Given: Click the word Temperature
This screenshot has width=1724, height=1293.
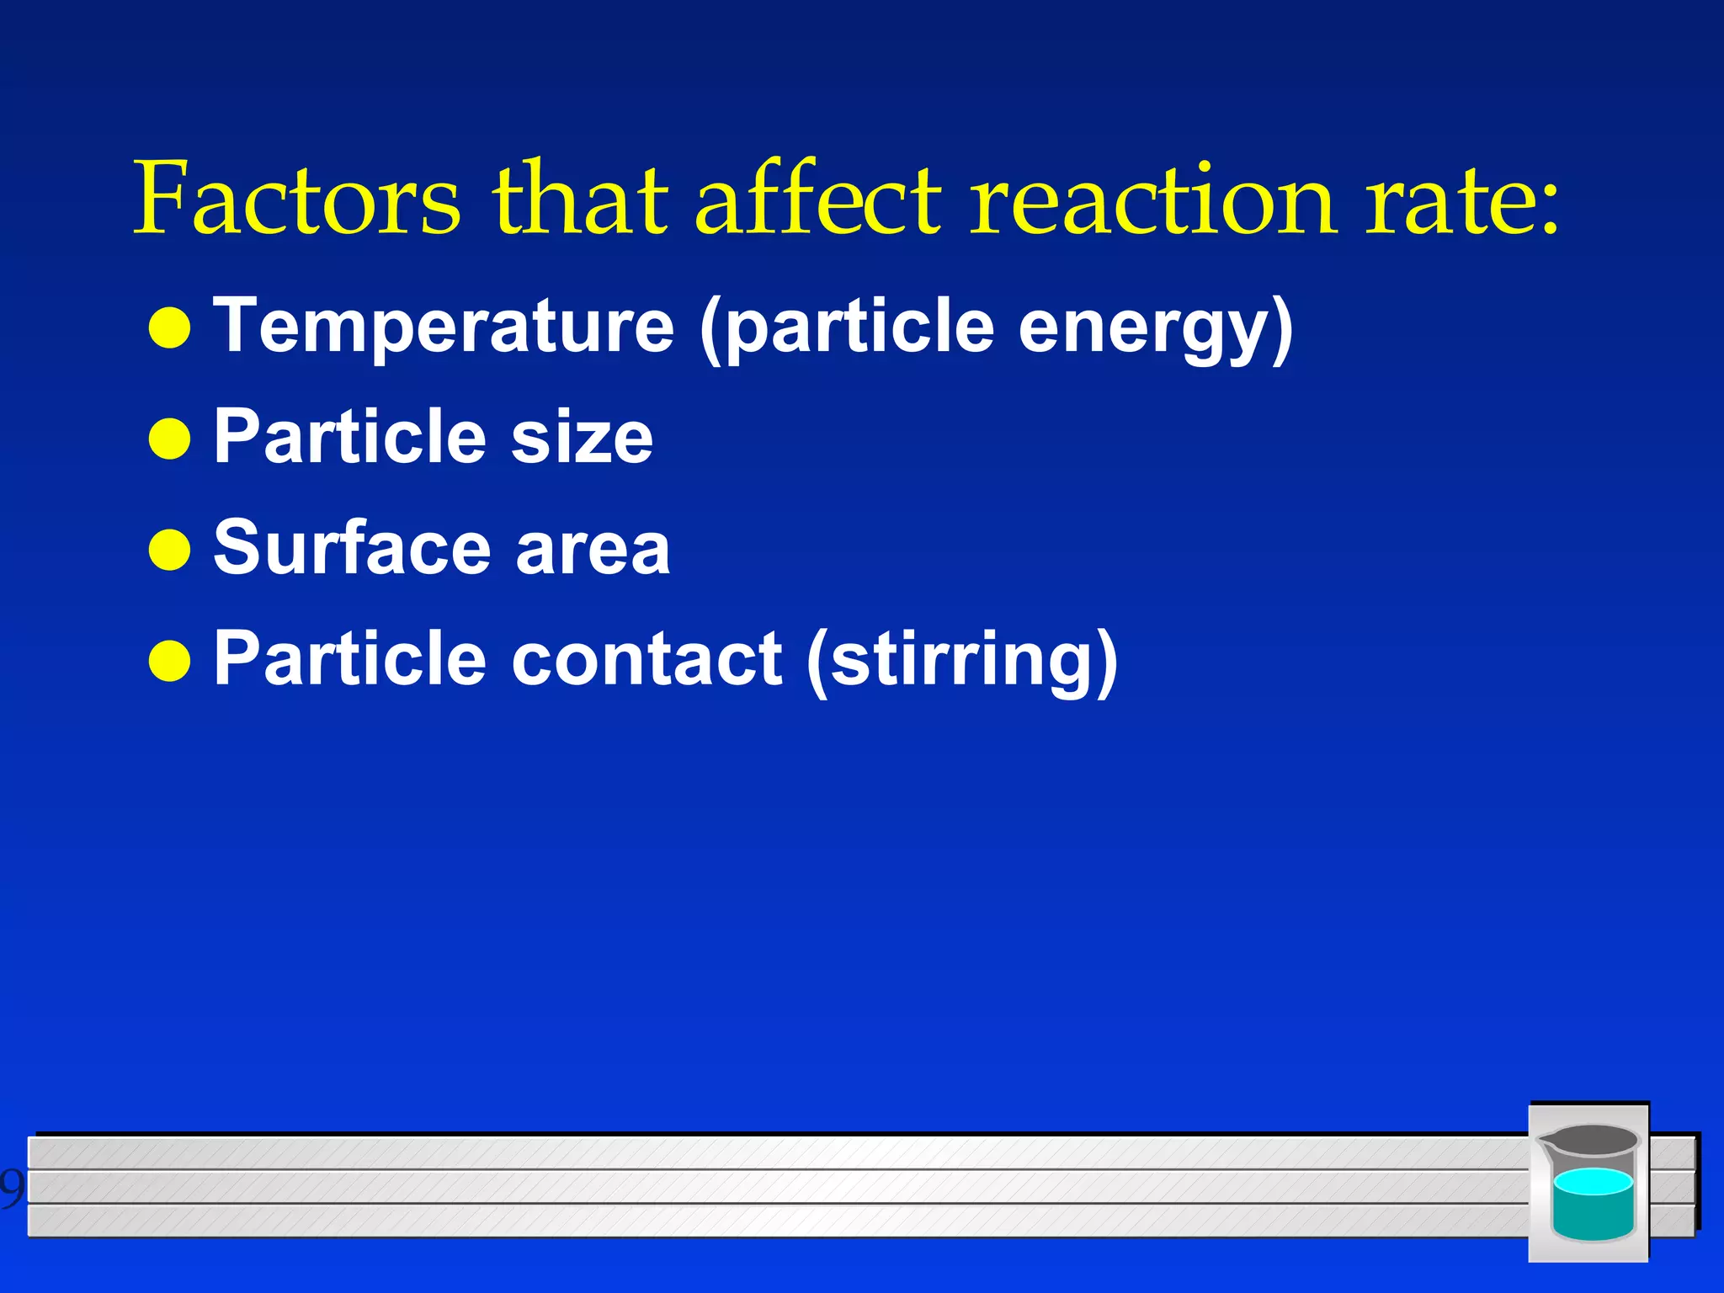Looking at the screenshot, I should coord(444,327).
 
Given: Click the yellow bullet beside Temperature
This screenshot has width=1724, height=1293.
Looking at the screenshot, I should coord(169,328).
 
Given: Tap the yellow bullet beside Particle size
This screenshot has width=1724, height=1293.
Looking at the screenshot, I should coord(169,439).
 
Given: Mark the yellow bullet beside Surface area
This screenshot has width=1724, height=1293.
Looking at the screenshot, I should coord(169,550).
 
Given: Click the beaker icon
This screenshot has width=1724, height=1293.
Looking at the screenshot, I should coord(1588,1182).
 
